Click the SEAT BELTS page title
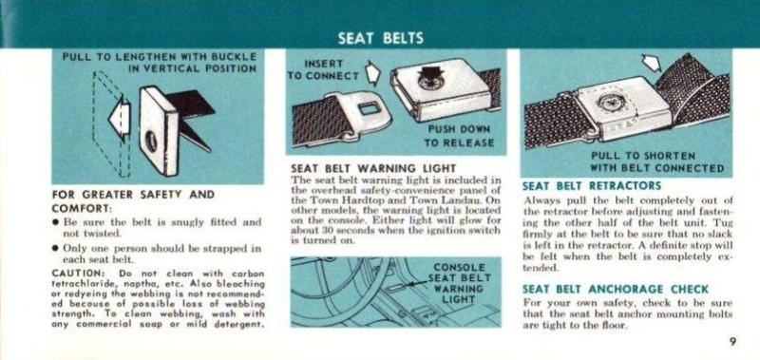(x=381, y=38)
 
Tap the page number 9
(x=731, y=341)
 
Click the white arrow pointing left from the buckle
(x=119, y=118)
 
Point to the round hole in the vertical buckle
(x=151, y=142)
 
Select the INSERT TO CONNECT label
(x=324, y=70)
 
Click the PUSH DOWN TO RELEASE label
(x=459, y=136)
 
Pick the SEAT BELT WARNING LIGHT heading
(x=373, y=169)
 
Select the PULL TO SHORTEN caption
(x=643, y=156)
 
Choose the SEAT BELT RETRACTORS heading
(x=591, y=185)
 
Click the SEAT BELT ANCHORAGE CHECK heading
(x=615, y=290)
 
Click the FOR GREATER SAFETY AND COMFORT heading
(x=133, y=201)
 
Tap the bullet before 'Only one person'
(x=56, y=249)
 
